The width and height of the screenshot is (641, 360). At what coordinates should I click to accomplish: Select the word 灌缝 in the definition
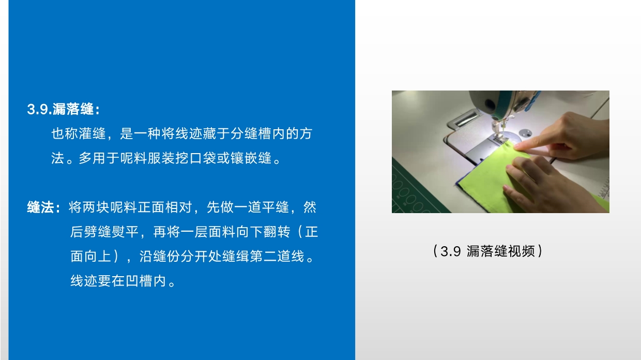pos(93,133)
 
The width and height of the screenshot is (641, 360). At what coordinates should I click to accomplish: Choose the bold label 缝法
pos(41,207)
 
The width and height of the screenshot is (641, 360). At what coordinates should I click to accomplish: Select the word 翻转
pos(277,232)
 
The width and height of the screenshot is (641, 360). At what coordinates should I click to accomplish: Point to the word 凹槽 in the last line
pos(132,281)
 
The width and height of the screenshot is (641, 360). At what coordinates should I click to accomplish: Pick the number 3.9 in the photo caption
pos(450,251)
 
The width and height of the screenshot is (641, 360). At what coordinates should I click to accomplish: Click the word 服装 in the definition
pos(161,158)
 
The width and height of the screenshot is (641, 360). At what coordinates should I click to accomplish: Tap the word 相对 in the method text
pos(179,207)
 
